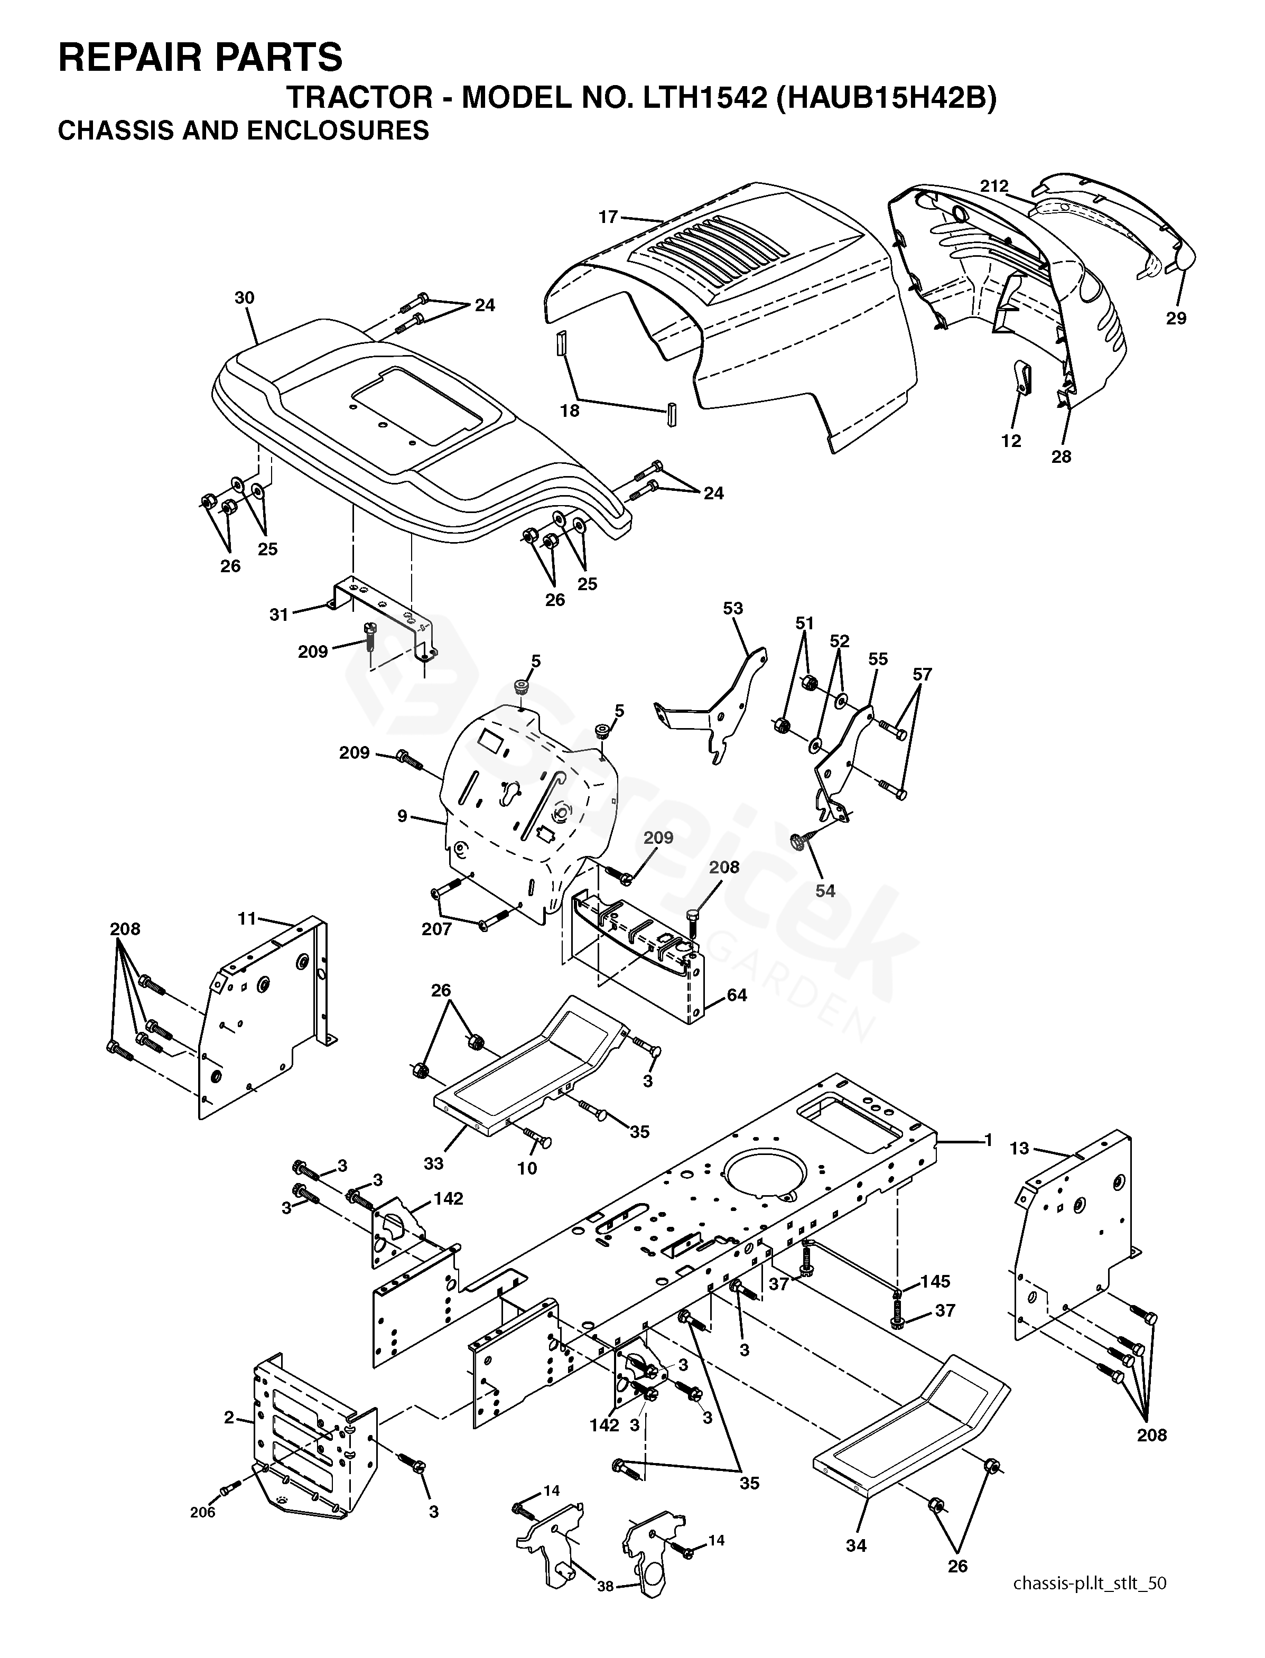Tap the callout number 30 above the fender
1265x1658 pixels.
tap(244, 297)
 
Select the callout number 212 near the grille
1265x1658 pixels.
tap(994, 185)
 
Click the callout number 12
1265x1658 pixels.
tap(1010, 441)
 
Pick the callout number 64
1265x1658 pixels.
tap(737, 995)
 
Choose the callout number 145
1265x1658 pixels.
tap(935, 1281)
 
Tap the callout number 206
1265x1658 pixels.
tap(202, 1512)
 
